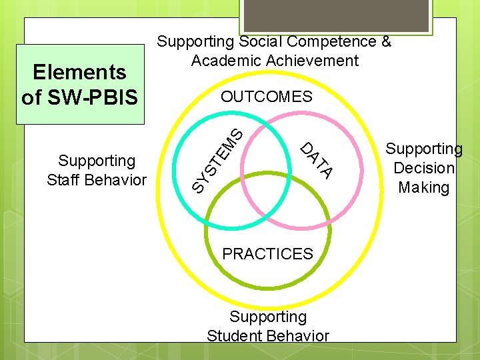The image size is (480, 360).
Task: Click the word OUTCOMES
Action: pyautogui.click(x=267, y=97)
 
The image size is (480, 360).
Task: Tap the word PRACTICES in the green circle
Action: pyautogui.click(x=267, y=254)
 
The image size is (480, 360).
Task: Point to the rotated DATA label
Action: pyautogui.click(x=316, y=161)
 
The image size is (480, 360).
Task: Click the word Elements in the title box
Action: pyautogui.click(x=80, y=71)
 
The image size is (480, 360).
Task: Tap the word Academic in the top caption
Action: pyautogui.click(x=221, y=61)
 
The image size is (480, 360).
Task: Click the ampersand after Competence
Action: pyautogui.click(x=385, y=41)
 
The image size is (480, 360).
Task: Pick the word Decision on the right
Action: pyautogui.click(x=424, y=168)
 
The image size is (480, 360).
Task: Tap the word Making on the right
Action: pyautogui.click(x=424, y=187)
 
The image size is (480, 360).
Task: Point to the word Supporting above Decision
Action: pyautogui.click(x=425, y=149)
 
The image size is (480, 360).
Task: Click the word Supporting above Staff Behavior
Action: pyautogui.click(x=97, y=161)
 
